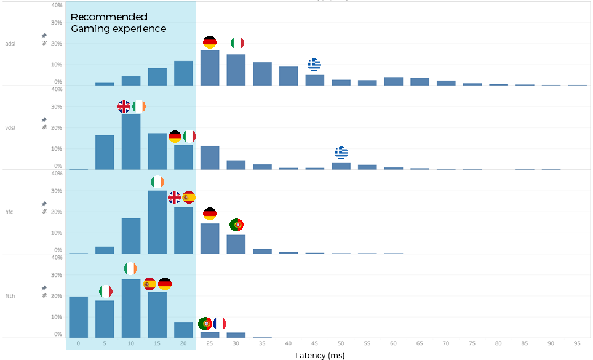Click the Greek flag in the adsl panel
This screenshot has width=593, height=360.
click(x=314, y=65)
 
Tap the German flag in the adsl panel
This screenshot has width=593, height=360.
click(x=210, y=42)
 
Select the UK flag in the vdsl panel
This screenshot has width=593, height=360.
click(x=124, y=106)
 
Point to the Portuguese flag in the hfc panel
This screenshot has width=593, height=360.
click(x=236, y=225)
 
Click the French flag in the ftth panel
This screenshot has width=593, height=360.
click(x=220, y=323)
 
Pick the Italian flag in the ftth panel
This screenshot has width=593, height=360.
click(x=106, y=291)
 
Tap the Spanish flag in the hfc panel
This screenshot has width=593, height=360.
click(x=189, y=198)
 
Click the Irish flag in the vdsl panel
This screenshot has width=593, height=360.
click(x=139, y=106)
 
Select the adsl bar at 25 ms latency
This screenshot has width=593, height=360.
click(x=210, y=68)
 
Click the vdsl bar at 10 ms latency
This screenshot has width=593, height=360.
click(x=131, y=142)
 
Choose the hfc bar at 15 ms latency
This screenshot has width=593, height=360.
click(x=157, y=222)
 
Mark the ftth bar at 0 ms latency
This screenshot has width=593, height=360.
click(x=78, y=317)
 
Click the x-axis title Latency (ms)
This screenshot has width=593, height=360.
click(x=320, y=355)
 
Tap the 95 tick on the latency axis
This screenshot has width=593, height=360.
click(x=577, y=343)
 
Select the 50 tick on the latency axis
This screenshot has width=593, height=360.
click(x=341, y=343)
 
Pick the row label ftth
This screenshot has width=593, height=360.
click(x=10, y=296)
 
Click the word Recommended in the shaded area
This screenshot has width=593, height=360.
click(x=109, y=17)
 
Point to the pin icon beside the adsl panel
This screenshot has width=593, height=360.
click(x=44, y=36)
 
